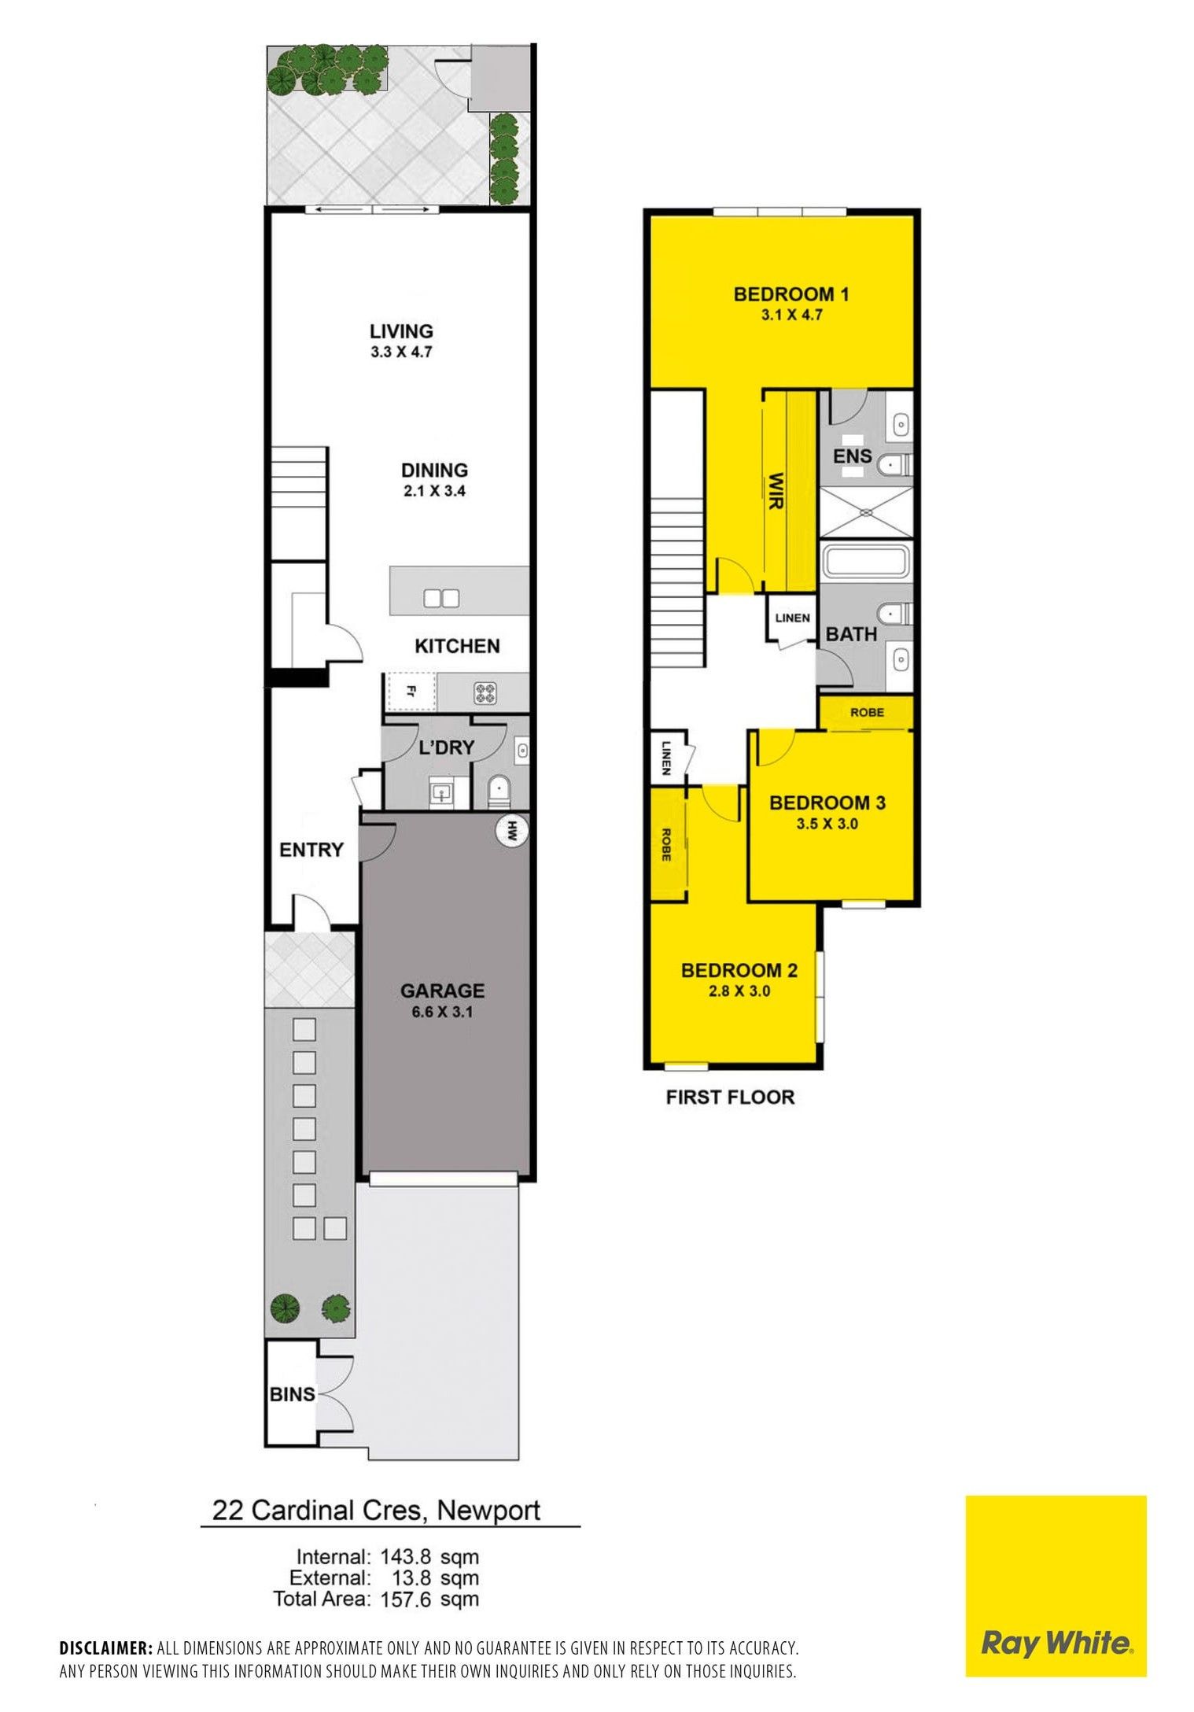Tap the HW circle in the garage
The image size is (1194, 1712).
[x=513, y=830]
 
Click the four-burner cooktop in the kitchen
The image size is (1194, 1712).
[x=484, y=693]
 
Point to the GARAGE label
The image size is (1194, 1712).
[x=442, y=991]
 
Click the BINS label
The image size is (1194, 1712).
[x=292, y=1394]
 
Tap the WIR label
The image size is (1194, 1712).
[x=776, y=490]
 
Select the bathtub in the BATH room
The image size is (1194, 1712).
[x=865, y=562]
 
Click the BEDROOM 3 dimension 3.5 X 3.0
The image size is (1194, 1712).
[x=827, y=825]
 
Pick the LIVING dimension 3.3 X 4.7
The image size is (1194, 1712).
[x=401, y=352]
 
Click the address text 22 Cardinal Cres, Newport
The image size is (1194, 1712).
[x=377, y=1510]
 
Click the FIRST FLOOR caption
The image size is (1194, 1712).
[x=730, y=1097]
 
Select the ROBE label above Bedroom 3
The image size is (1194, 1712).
[x=867, y=712]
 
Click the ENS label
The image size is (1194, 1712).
[x=853, y=456]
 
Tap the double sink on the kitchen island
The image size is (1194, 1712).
[x=440, y=598]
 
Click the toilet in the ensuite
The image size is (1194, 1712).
[x=894, y=464]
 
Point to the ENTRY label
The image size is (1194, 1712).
[x=311, y=850]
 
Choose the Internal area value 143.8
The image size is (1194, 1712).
[x=406, y=1556]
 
